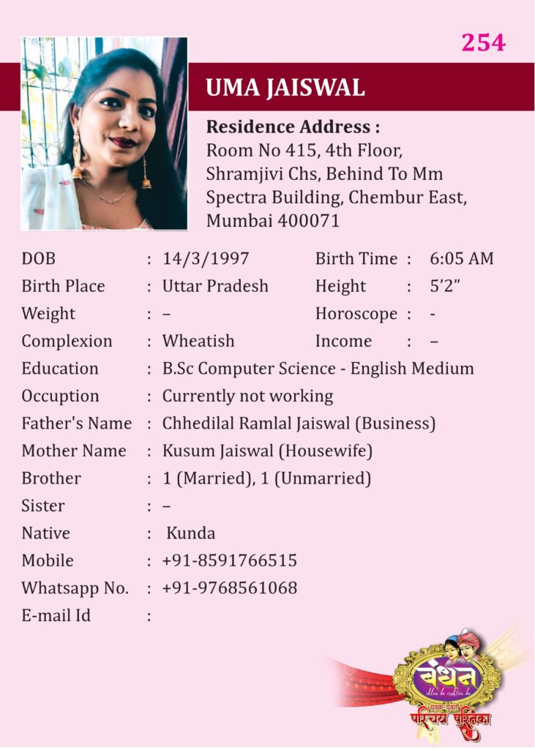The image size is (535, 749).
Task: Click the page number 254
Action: point(483,42)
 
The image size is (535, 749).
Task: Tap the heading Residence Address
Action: point(293,127)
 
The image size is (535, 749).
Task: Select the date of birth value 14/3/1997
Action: point(206,259)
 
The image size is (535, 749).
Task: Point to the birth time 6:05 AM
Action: point(462,259)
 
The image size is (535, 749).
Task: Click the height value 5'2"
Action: point(444,286)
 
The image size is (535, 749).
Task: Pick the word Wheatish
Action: point(198,341)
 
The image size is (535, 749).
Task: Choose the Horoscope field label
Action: point(356,314)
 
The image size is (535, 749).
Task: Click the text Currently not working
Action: point(247,396)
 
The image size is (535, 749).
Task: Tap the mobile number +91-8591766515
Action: point(230,561)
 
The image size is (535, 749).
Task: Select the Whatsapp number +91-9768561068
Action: point(230,588)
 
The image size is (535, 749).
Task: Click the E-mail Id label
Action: point(56,616)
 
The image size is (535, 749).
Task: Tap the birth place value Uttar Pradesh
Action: point(215,286)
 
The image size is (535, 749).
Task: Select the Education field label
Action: point(60,369)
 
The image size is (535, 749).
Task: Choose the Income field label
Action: point(343,341)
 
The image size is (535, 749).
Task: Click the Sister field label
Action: point(43,506)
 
